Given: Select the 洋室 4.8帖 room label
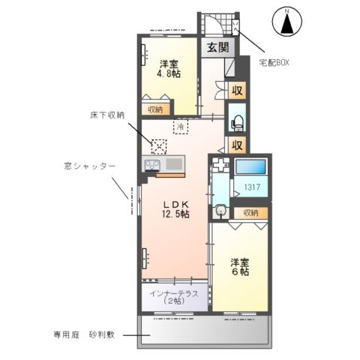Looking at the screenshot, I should pyautogui.click(x=169, y=69).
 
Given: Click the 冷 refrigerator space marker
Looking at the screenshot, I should pyautogui.click(x=181, y=127).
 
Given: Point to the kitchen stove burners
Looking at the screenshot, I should pyautogui.click(x=152, y=163).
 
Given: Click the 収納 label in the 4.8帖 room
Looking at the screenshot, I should pyautogui.click(x=155, y=109).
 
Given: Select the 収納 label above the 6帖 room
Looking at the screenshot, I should pyautogui.click(x=249, y=213).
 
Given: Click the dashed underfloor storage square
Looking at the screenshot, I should pyautogui.click(x=158, y=145).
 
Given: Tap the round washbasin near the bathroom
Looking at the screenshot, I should pyautogui.click(x=220, y=212).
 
